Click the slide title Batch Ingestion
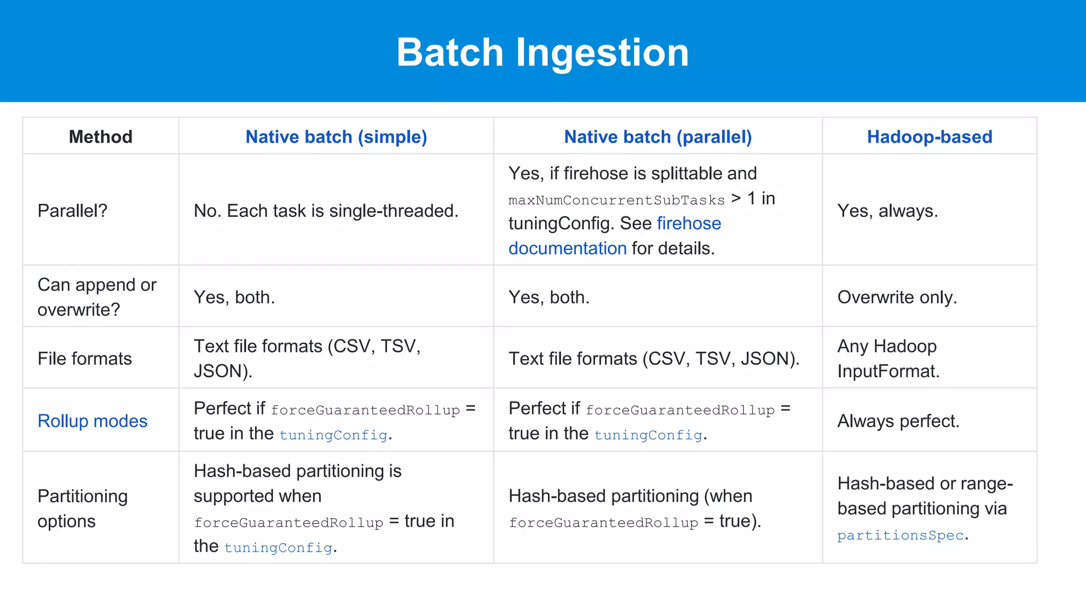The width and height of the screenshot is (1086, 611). click(542, 53)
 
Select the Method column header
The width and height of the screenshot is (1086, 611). click(100, 137)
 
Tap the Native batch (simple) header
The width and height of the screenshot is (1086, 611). click(336, 137)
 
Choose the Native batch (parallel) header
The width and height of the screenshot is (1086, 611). click(658, 137)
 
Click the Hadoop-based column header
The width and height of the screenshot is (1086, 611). click(929, 137)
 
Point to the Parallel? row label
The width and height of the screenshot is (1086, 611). click(73, 211)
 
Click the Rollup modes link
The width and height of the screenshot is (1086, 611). click(92, 421)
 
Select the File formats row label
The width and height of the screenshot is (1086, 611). click(85, 359)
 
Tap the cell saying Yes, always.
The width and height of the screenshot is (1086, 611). click(887, 211)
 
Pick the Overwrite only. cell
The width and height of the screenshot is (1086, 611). click(897, 297)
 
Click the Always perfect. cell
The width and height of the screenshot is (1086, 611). click(898, 421)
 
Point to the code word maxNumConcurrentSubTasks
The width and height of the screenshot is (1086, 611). click(616, 200)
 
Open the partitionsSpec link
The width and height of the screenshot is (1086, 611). click(900, 535)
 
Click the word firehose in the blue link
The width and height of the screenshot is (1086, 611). click(689, 223)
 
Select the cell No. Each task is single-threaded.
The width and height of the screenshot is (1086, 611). click(326, 211)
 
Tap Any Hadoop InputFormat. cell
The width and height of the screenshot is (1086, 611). click(888, 359)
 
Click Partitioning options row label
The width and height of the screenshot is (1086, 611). click(82, 508)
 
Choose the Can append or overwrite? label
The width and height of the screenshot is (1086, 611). click(97, 297)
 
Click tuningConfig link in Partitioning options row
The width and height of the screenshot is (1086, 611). click(278, 547)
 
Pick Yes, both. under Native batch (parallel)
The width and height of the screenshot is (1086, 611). click(549, 297)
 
